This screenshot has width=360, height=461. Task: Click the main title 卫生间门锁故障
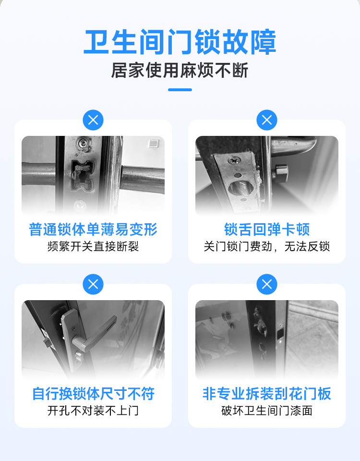pos(180,42)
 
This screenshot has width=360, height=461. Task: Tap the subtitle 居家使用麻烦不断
pos(180,71)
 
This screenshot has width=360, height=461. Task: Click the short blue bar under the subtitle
pos(180,90)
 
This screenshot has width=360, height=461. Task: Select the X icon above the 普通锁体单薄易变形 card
pos(93,120)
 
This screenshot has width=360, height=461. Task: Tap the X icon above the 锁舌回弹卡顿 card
pos(267,120)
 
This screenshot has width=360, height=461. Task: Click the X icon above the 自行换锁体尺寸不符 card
pos(93,284)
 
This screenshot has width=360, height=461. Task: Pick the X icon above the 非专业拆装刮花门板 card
pos(267,284)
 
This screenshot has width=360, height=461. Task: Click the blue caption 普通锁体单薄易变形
pos(93,230)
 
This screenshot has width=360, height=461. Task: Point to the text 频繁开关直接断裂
pos(93,246)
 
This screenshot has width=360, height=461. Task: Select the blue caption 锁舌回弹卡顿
pos(267,230)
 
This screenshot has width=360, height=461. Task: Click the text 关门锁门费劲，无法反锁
pos(267,246)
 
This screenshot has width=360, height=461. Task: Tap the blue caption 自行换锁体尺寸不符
pos(93,394)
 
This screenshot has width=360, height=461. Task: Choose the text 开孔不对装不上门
pos(93,411)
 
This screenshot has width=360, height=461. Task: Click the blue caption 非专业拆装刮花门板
pos(267,394)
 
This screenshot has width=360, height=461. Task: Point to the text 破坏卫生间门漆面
pos(267,411)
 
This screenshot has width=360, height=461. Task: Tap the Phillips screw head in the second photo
pos(234,160)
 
